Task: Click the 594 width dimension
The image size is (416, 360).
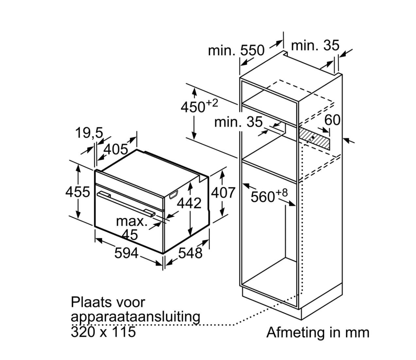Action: pyautogui.click(x=126, y=253)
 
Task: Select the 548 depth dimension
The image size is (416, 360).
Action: pyautogui.click(x=190, y=253)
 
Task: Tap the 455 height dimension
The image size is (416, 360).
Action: pyautogui.click(x=78, y=192)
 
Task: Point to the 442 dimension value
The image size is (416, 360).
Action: pyautogui.click(x=189, y=203)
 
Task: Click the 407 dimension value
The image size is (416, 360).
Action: pyautogui.click(x=223, y=192)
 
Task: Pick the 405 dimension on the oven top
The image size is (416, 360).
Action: pyautogui.click(x=116, y=149)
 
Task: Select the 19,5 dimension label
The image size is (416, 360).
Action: pyautogui.click(x=89, y=133)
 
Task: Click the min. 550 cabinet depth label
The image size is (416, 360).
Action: pyautogui.click(x=236, y=50)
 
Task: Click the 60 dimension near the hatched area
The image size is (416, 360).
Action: pyautogui.click(x=332, y=120)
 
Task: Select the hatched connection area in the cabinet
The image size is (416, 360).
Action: pyautogui.click(x=314, y=139)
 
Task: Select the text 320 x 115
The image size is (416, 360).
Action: pyautogui.click(x=103, y=332)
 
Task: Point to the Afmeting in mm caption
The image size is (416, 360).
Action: pyautogui.click(x=318, y=333)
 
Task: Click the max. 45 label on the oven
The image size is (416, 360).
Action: pyautogui.click(x=132, y=228)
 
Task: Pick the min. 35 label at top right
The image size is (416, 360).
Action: pyautogui.click(x=315, y=45)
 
